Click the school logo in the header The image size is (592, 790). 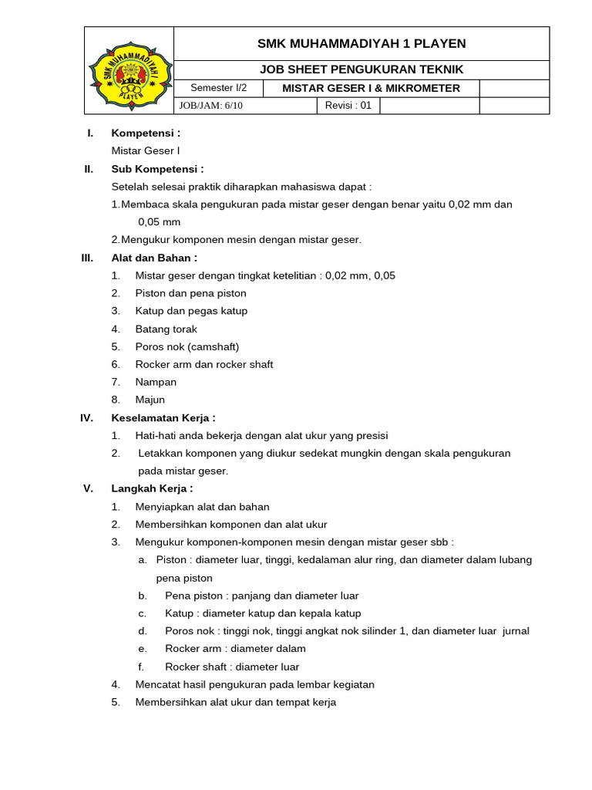tap(128, 71)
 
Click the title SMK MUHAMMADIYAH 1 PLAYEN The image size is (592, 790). tap(362, 43)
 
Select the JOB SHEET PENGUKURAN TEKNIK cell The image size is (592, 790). tap(362, 69)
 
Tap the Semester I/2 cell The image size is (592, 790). tap(218, 88)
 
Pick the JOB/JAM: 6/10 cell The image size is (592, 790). tap(210, 106)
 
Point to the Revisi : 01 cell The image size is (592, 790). tap(348, 106)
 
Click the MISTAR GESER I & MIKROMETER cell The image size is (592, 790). tap(371, 88)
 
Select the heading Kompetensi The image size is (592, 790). tap(146, 133)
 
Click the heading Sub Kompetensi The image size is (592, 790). tap(157, 169)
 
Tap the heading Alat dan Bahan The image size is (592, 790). tap(154, 258)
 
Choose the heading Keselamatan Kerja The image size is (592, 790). tap(163, 417)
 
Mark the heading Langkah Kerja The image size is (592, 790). tap(152, 488)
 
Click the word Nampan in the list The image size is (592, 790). tap(156, 382)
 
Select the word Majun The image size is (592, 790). tap(150, 400)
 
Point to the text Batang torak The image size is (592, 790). tap(166, 329)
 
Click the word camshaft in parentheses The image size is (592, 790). tap(213, 346)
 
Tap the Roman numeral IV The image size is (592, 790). tap(86, 417)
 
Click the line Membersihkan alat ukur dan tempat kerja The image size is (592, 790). tap(236, 702)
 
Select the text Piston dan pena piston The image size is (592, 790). tap(191, 293)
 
